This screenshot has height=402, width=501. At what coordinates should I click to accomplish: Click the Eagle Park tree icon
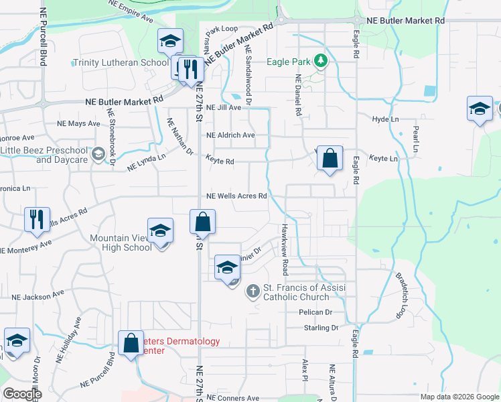(321, 62)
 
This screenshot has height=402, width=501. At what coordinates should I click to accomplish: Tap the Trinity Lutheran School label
(121, 63)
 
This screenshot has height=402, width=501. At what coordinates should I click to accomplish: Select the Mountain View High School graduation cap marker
(160, 232)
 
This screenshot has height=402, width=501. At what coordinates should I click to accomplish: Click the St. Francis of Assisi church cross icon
(253, 291)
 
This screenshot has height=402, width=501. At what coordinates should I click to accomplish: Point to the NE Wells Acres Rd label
(237, 196)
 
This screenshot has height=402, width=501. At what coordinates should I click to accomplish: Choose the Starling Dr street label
(321, 328)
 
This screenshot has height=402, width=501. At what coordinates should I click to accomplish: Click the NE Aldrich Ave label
(230, 135)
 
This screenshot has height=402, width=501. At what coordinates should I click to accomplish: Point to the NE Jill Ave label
(223, 107)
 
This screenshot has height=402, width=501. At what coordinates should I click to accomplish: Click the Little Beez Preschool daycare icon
(98, 155)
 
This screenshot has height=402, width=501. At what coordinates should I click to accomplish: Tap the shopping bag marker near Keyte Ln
(330, 159)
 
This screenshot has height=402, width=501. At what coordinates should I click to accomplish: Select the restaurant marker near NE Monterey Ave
(36, 219)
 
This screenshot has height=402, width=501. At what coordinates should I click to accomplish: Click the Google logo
(22, 394)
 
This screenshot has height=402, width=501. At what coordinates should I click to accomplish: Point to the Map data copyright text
(459, 397)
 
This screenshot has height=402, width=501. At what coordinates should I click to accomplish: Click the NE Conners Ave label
(232, 397)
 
